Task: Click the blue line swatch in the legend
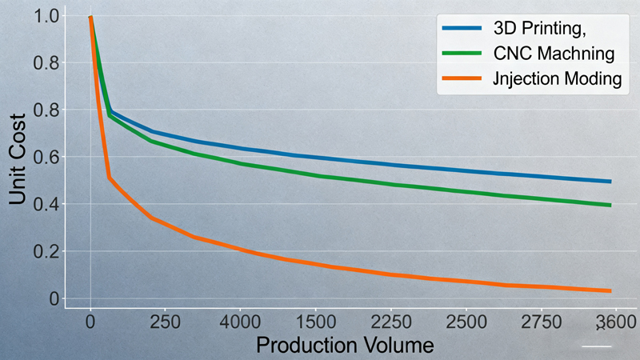[462, 30]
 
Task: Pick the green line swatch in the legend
[462, 54]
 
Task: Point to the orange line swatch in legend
[462, 79]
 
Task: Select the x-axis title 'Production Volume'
[346, 346]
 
